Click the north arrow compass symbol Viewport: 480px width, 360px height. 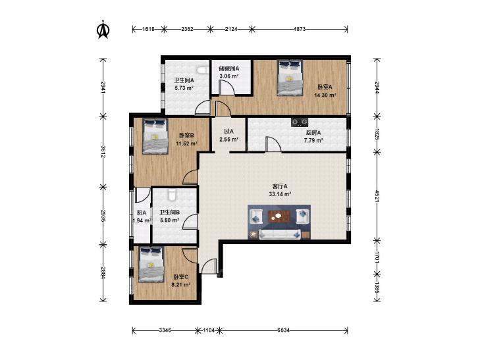click(x=103, y=30)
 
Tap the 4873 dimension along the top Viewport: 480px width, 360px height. click(x=300, y=30)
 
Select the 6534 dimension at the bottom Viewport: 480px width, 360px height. click(x=284, y=330)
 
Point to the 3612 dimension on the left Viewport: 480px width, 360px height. click(x=103, y=151)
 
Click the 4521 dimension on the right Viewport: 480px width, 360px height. click(x=377, y=195)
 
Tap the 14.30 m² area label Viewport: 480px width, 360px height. click(x=325, y=95)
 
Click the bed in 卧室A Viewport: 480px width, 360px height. click(x=290, y=78)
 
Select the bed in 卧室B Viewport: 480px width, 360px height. click(x=155, y=136)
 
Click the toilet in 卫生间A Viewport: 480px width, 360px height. click(x=201, y=70)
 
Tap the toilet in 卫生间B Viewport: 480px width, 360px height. click(x=172, y=195)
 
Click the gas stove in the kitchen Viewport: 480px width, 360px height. click(x=299, y=122)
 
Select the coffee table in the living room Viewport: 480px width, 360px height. click(x=279, y=217)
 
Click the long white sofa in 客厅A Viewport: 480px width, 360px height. click(x=279, y=234)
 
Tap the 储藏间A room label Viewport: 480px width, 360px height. click(x=228, y=69)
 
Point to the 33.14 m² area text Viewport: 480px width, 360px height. click(x=280, y=194)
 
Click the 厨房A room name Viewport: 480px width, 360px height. click(x=313, y=133)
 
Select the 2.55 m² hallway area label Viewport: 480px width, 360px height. click(x=228, y=140)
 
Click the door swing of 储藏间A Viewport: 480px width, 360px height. click(x=227, y=88)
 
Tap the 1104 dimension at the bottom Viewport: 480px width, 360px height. click(x=209, y=330)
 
